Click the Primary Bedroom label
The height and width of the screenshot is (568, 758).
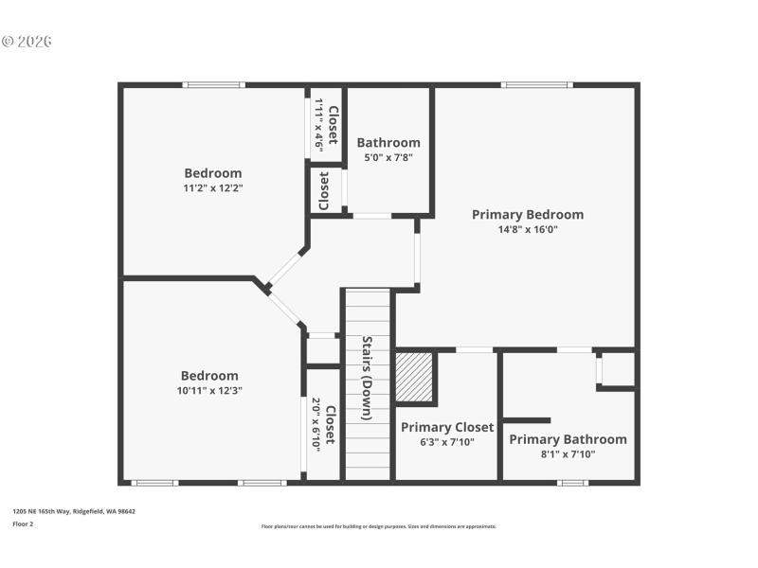click(x=528, y=215)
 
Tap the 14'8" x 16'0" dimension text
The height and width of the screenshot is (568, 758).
click(x=528, y=229)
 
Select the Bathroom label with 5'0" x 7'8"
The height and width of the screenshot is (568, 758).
click(x=388, y=143)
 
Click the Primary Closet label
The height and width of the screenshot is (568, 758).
click(x=447, y=428)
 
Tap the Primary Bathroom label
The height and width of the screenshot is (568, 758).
click(x=568, y=439)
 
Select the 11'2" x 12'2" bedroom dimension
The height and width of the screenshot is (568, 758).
click(x=213, y=187)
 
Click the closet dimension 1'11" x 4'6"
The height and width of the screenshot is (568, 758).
click(x=319, y=125)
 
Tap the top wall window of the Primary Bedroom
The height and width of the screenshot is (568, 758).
click(x=536, y=85)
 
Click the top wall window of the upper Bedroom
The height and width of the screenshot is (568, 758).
click(x=214, y=85)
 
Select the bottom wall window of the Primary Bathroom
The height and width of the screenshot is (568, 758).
click(x=572, y=483)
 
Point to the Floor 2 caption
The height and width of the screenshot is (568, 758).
click(x=23, y=524)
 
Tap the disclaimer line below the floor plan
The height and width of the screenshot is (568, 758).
click(x=378, y=526)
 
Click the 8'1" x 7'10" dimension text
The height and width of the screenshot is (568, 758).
click(x=568, y=453)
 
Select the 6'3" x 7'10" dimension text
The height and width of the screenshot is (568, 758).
click(x=447, y=442)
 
